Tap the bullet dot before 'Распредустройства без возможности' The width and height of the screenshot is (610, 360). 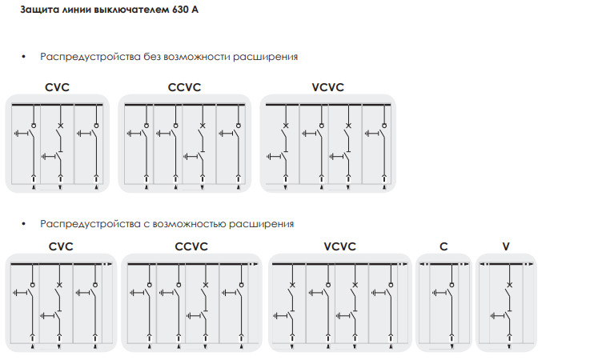pos(25,58)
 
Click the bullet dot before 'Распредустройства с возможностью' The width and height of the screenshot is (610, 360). pos(25,224)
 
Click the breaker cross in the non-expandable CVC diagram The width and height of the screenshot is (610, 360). pos(61,126)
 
